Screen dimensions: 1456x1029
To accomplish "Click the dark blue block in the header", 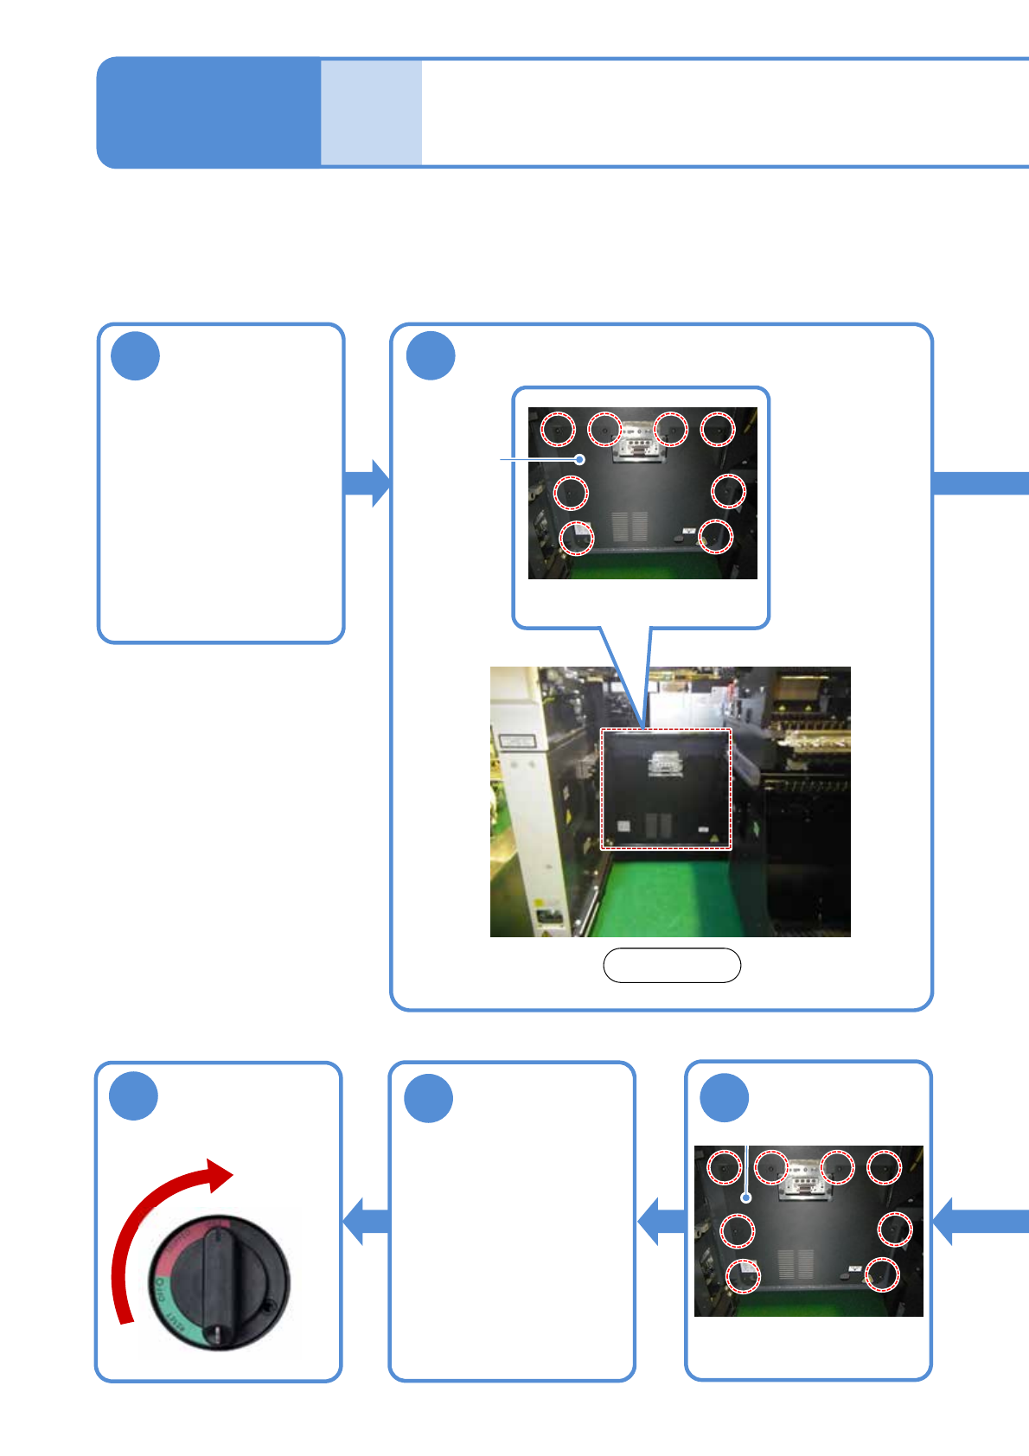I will pos(208,112).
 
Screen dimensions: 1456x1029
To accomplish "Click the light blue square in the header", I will pos(371,112).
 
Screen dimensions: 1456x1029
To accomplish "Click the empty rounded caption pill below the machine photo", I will pos(671,965).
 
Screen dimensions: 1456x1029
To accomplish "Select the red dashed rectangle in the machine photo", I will pos(666,789).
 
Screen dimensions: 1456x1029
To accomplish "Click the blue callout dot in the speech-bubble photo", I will pos(581,459).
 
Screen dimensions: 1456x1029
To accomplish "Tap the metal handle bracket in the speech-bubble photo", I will pos(638,442).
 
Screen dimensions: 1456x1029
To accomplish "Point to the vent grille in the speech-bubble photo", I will pos(630,526).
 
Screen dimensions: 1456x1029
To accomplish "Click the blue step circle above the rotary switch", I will pos(134,1096).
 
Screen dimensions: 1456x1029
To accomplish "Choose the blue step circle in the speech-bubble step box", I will pos(431,356).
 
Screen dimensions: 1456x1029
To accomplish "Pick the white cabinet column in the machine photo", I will pos(519,795).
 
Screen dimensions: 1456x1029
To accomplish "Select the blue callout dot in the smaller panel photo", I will pos(746,1198).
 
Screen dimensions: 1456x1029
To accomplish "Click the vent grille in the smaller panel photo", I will pos(796,1263).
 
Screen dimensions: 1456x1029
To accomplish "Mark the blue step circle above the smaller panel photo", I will pos(724,1098).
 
